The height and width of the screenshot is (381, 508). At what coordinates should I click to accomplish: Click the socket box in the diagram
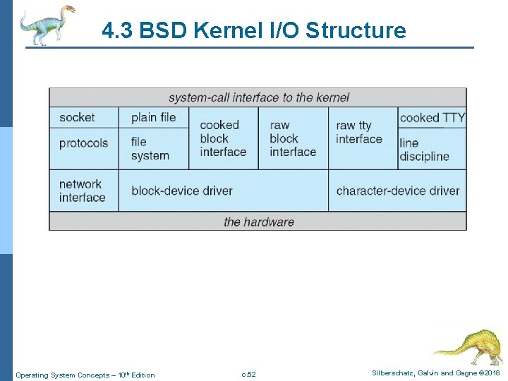[x=78, y=117]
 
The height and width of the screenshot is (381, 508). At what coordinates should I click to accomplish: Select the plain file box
[x=153, y=117]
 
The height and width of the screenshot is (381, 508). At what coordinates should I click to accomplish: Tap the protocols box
[x=83, y=143]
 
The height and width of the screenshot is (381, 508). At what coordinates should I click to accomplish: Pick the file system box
[x=150, y=149]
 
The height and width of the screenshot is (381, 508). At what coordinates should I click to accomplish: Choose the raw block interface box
[x=293, y=138]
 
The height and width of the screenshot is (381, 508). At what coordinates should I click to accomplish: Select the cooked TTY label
[x=432, y=118]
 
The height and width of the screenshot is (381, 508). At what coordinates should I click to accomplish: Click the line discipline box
[x=424, y=150]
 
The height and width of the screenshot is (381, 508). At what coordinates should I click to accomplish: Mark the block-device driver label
[x=182, y=190]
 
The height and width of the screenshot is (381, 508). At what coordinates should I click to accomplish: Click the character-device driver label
[x=397, y=190]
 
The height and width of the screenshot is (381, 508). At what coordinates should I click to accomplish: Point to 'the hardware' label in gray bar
[x=258, y=222]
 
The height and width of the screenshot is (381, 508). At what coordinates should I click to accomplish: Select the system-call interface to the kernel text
[x=258, y=97]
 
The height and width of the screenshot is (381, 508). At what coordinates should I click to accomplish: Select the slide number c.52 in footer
[x=248, y=374]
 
